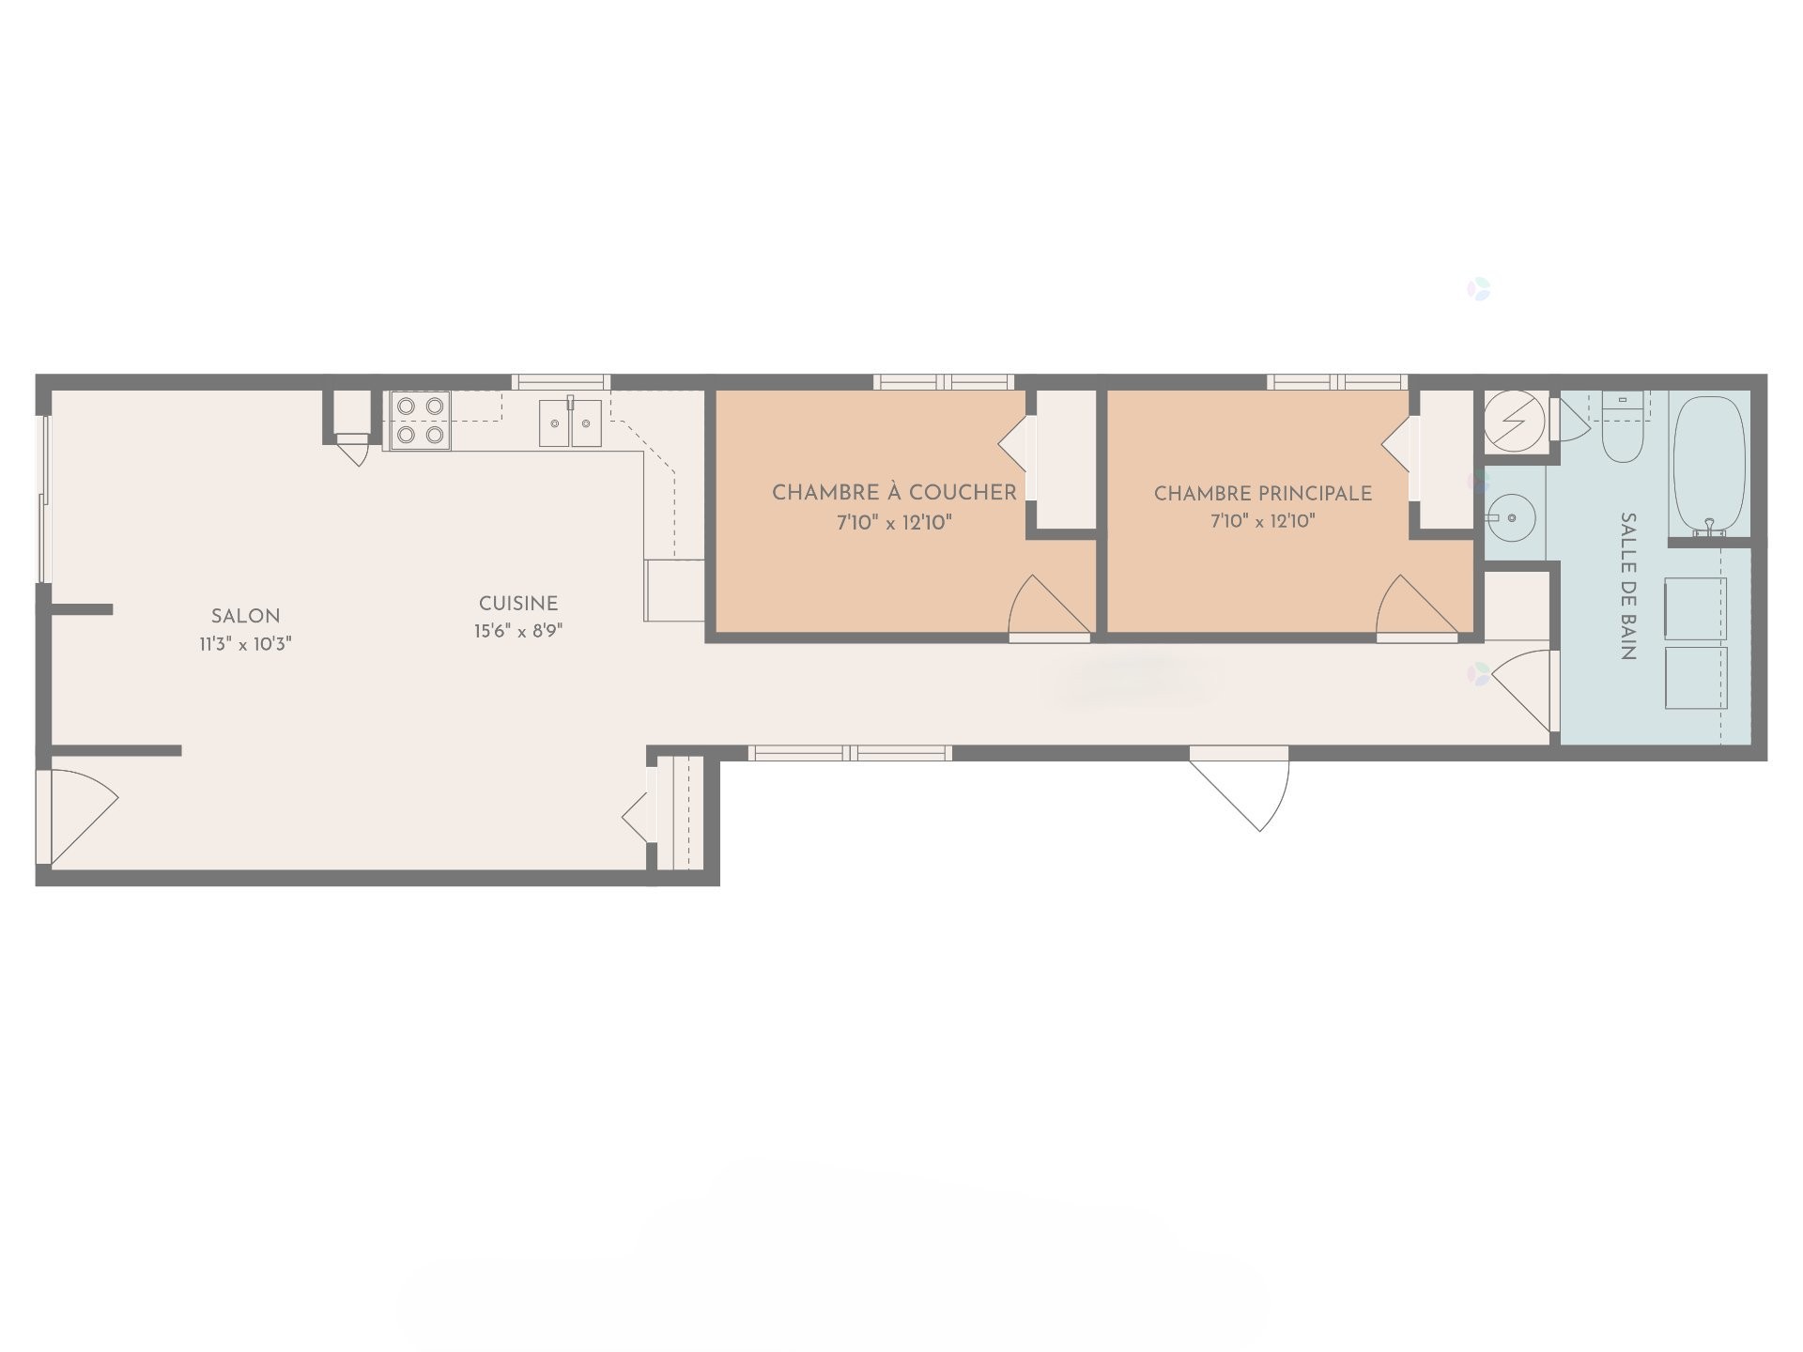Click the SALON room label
coord(245,617)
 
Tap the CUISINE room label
coord(518,604)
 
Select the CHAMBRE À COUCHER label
coord(894,493)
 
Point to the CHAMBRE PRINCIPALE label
coord(1263,493)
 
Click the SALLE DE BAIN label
coord(1629,587)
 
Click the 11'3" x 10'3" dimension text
coord(245,643)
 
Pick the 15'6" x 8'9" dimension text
coord(518,631)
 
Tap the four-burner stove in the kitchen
coord(420,421)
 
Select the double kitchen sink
coord(570,422)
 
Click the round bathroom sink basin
coord(1511,516)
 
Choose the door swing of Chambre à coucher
coord(1044,608)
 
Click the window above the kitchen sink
coord(561,382)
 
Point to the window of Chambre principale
coord(1336,382)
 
